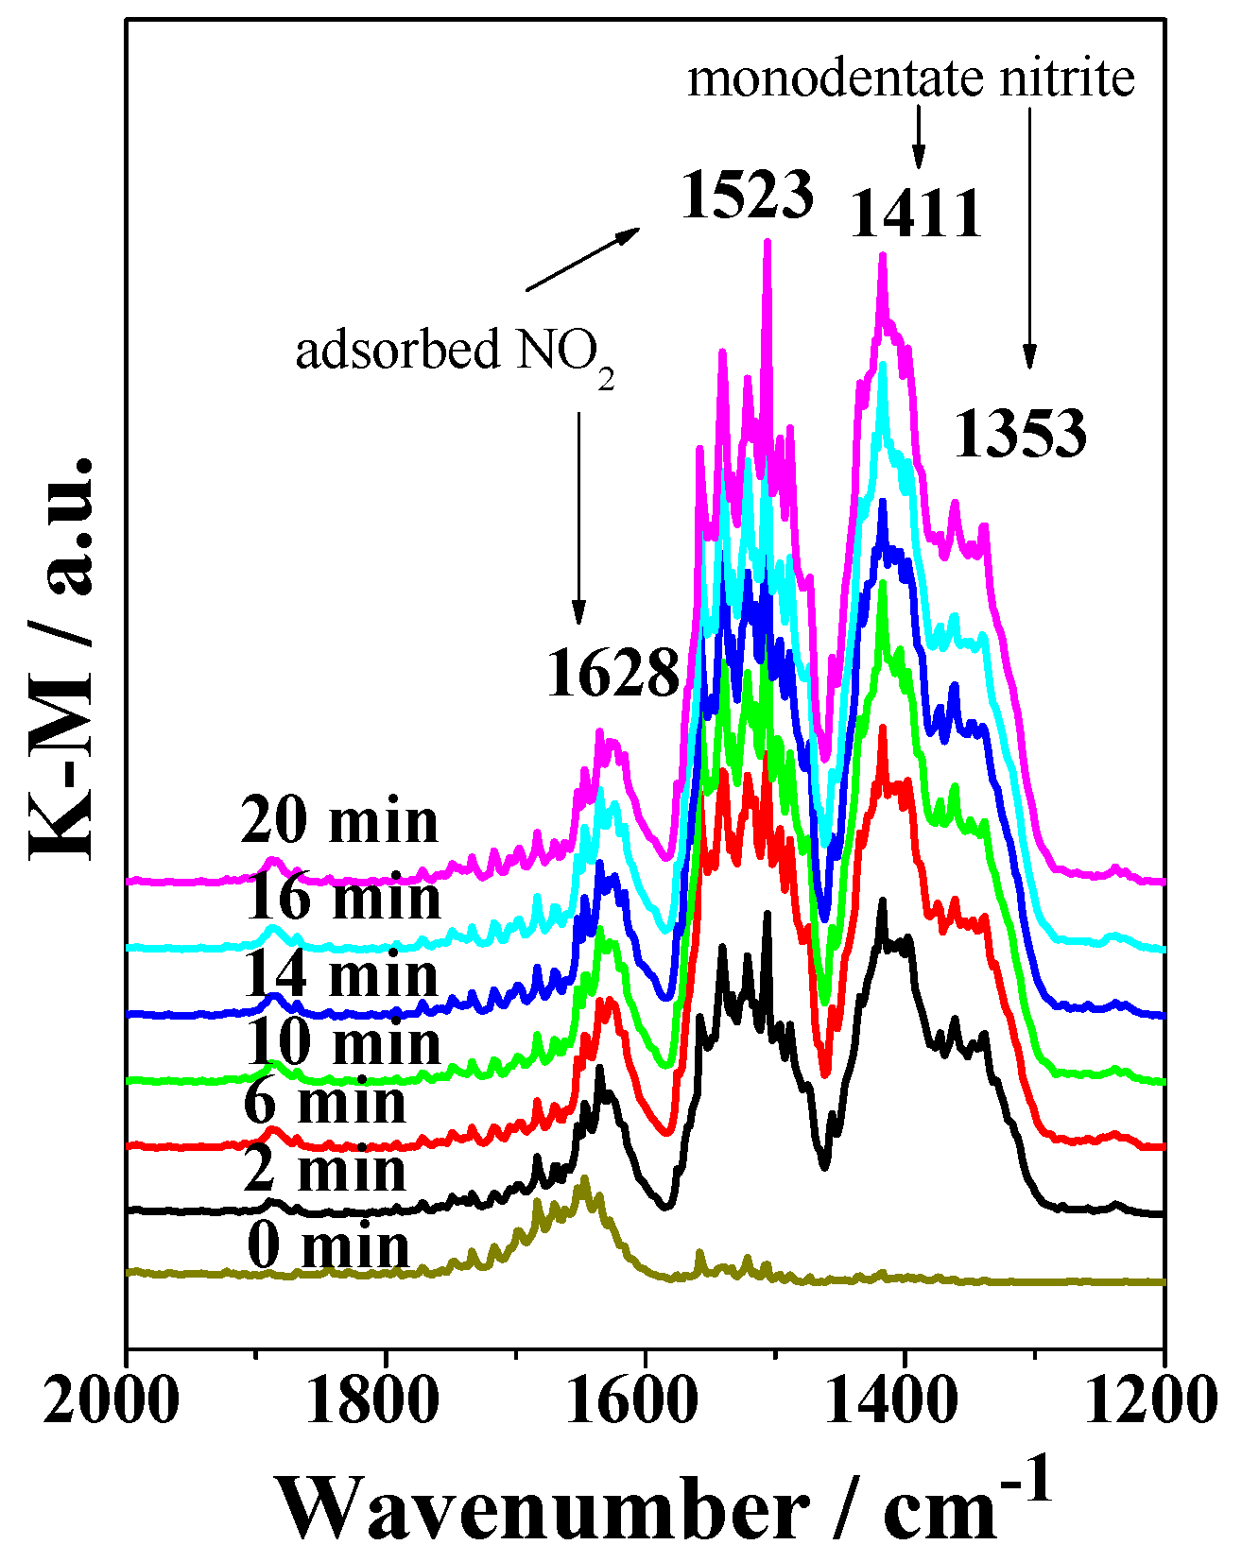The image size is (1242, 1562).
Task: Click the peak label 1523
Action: point(747,196)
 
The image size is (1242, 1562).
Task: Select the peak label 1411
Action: point(916,215)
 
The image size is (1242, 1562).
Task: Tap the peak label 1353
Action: point(1020,435)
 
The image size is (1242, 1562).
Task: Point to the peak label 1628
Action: point(612,675)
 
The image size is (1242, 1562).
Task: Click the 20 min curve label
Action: point(339,821)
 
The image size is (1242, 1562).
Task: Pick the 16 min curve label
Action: point(342,898)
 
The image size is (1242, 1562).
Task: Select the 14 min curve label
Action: point(340,974)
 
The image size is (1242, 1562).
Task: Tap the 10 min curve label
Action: point(342,1044)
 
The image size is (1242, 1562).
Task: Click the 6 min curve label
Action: point(324,1103)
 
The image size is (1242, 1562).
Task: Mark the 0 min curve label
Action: point(328,1246)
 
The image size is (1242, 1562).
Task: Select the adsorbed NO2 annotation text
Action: point(455,353)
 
